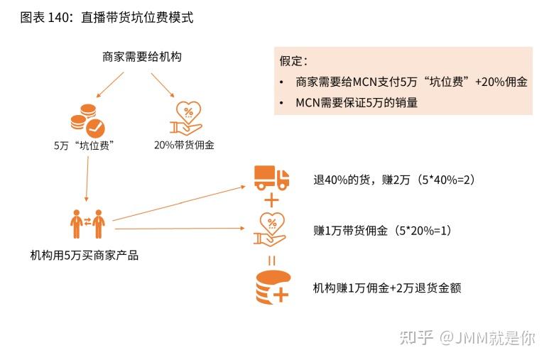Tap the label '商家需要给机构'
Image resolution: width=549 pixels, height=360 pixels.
(141, 57)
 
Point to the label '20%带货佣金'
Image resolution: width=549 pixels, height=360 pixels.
(184, 146)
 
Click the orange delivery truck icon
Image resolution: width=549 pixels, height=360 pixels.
(272, 178)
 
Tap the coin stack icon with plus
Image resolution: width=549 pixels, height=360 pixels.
(272, 288)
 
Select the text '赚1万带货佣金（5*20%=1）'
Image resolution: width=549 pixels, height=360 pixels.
(382, 231)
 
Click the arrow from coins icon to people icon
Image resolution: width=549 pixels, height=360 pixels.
(87, 179)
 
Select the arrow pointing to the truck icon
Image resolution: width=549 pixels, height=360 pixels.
(178, 203)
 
